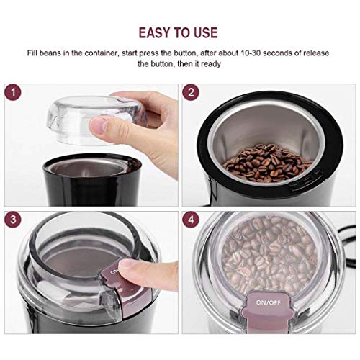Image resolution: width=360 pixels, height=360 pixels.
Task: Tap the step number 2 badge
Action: pyautogui.click(x=191, y=93)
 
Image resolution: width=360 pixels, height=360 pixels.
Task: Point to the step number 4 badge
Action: pyautogui.click(x=191, y=221)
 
